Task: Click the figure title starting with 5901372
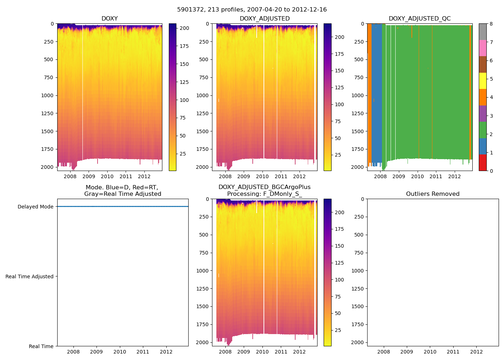point(252,10)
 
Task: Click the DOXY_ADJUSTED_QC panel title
point(419,19)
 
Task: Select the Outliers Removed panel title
point(433,194)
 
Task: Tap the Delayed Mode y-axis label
point(35,207)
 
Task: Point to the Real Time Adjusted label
point(30,276)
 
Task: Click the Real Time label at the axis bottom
point(41,346)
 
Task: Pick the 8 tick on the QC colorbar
point(491,24)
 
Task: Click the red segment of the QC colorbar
point(482,163)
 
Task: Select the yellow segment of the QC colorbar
point(482,81)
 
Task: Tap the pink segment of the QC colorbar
point(482,48)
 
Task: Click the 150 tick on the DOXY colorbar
point(184,64)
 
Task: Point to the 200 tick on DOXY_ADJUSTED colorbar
point(339,37)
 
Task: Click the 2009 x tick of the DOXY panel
point(89,176)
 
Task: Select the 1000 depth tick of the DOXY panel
point(47,95)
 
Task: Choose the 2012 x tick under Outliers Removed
point(476,352)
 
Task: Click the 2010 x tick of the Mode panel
point(120,352)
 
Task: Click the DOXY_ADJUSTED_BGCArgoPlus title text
point(264,187)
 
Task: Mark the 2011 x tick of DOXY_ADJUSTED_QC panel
point(436,176)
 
